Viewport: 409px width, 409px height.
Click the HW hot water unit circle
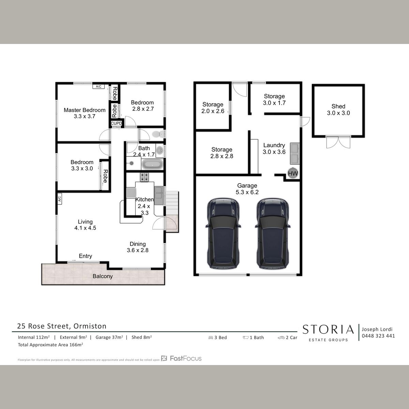293,173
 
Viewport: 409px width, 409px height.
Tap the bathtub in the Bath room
152,165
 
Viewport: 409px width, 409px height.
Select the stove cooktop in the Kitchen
144,177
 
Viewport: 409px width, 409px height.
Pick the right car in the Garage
273,234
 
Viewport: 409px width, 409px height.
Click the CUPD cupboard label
116,123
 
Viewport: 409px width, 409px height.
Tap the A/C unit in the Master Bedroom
99,86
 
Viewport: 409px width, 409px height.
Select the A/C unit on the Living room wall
59,199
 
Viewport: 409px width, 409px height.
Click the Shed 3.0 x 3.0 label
338,109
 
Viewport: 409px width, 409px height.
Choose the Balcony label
103,276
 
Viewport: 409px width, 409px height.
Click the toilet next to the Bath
158,134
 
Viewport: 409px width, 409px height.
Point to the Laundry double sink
295,153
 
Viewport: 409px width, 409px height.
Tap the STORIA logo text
328,330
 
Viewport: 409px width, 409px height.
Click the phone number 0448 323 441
378,336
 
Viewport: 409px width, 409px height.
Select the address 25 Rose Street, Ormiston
62,326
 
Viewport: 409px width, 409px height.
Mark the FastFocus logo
181,359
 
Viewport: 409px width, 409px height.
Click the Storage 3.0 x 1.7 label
274,100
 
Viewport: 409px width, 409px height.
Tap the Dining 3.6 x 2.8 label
138,247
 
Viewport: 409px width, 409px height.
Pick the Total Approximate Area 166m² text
50,345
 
